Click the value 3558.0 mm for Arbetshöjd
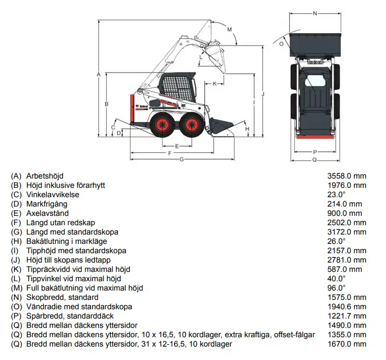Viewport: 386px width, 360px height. [346, 176]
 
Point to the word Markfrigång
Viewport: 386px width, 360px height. [47, 204]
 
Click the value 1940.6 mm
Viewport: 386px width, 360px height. [346, 306]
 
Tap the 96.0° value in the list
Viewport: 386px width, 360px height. [336, 288]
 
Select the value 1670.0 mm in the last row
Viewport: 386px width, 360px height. [346, 344]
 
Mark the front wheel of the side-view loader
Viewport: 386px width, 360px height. [190, 125]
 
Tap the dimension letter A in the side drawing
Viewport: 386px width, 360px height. [99, 74]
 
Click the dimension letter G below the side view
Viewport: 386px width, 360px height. [182, 159]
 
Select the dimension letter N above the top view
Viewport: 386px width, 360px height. [315, 13]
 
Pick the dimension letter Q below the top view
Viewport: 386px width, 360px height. [315, 159]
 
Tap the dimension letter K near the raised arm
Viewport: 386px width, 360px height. [215, 83]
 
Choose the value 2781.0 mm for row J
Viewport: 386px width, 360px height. [346, 260]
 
